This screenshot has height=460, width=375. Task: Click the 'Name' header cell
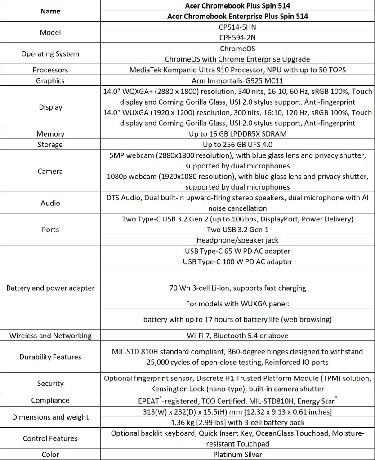click(x=50, y=11)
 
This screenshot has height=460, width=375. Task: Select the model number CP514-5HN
click(x=237, y=27)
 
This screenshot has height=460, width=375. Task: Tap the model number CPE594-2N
click(x=237, y=38)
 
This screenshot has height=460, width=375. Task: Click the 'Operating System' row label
click(x=50, y=54)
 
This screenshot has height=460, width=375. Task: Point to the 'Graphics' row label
click(x=50, y=81)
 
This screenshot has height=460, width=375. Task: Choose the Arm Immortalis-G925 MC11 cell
click(x=237, y=81)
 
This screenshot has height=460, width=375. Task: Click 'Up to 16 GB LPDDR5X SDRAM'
click(x=237, y=134)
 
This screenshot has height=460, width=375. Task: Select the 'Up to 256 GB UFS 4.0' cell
click(x=237, y=145)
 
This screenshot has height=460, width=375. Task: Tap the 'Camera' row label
click(x=50, y=171)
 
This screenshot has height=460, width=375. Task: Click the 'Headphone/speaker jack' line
click(x=237, y=240)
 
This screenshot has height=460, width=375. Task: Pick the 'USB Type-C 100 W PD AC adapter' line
click(x=237, y=261)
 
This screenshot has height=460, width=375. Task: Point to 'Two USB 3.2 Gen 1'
click(x=237, y=230)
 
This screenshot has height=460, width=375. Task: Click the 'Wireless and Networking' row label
click(x=50, y=336)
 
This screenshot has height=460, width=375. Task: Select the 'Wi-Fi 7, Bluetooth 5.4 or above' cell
click(x=237, y=336)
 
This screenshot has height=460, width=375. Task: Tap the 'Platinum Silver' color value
click(x=237, y=454)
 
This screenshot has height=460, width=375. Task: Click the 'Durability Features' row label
click(x=50, y=357)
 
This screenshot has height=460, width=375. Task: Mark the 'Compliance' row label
click(x=50, y=400)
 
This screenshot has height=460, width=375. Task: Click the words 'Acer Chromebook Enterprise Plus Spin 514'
click(x=237, y=16)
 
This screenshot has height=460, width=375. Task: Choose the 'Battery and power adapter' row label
click(x=50, y=288)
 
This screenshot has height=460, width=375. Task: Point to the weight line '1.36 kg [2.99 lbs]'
click(x=237, y=422)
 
